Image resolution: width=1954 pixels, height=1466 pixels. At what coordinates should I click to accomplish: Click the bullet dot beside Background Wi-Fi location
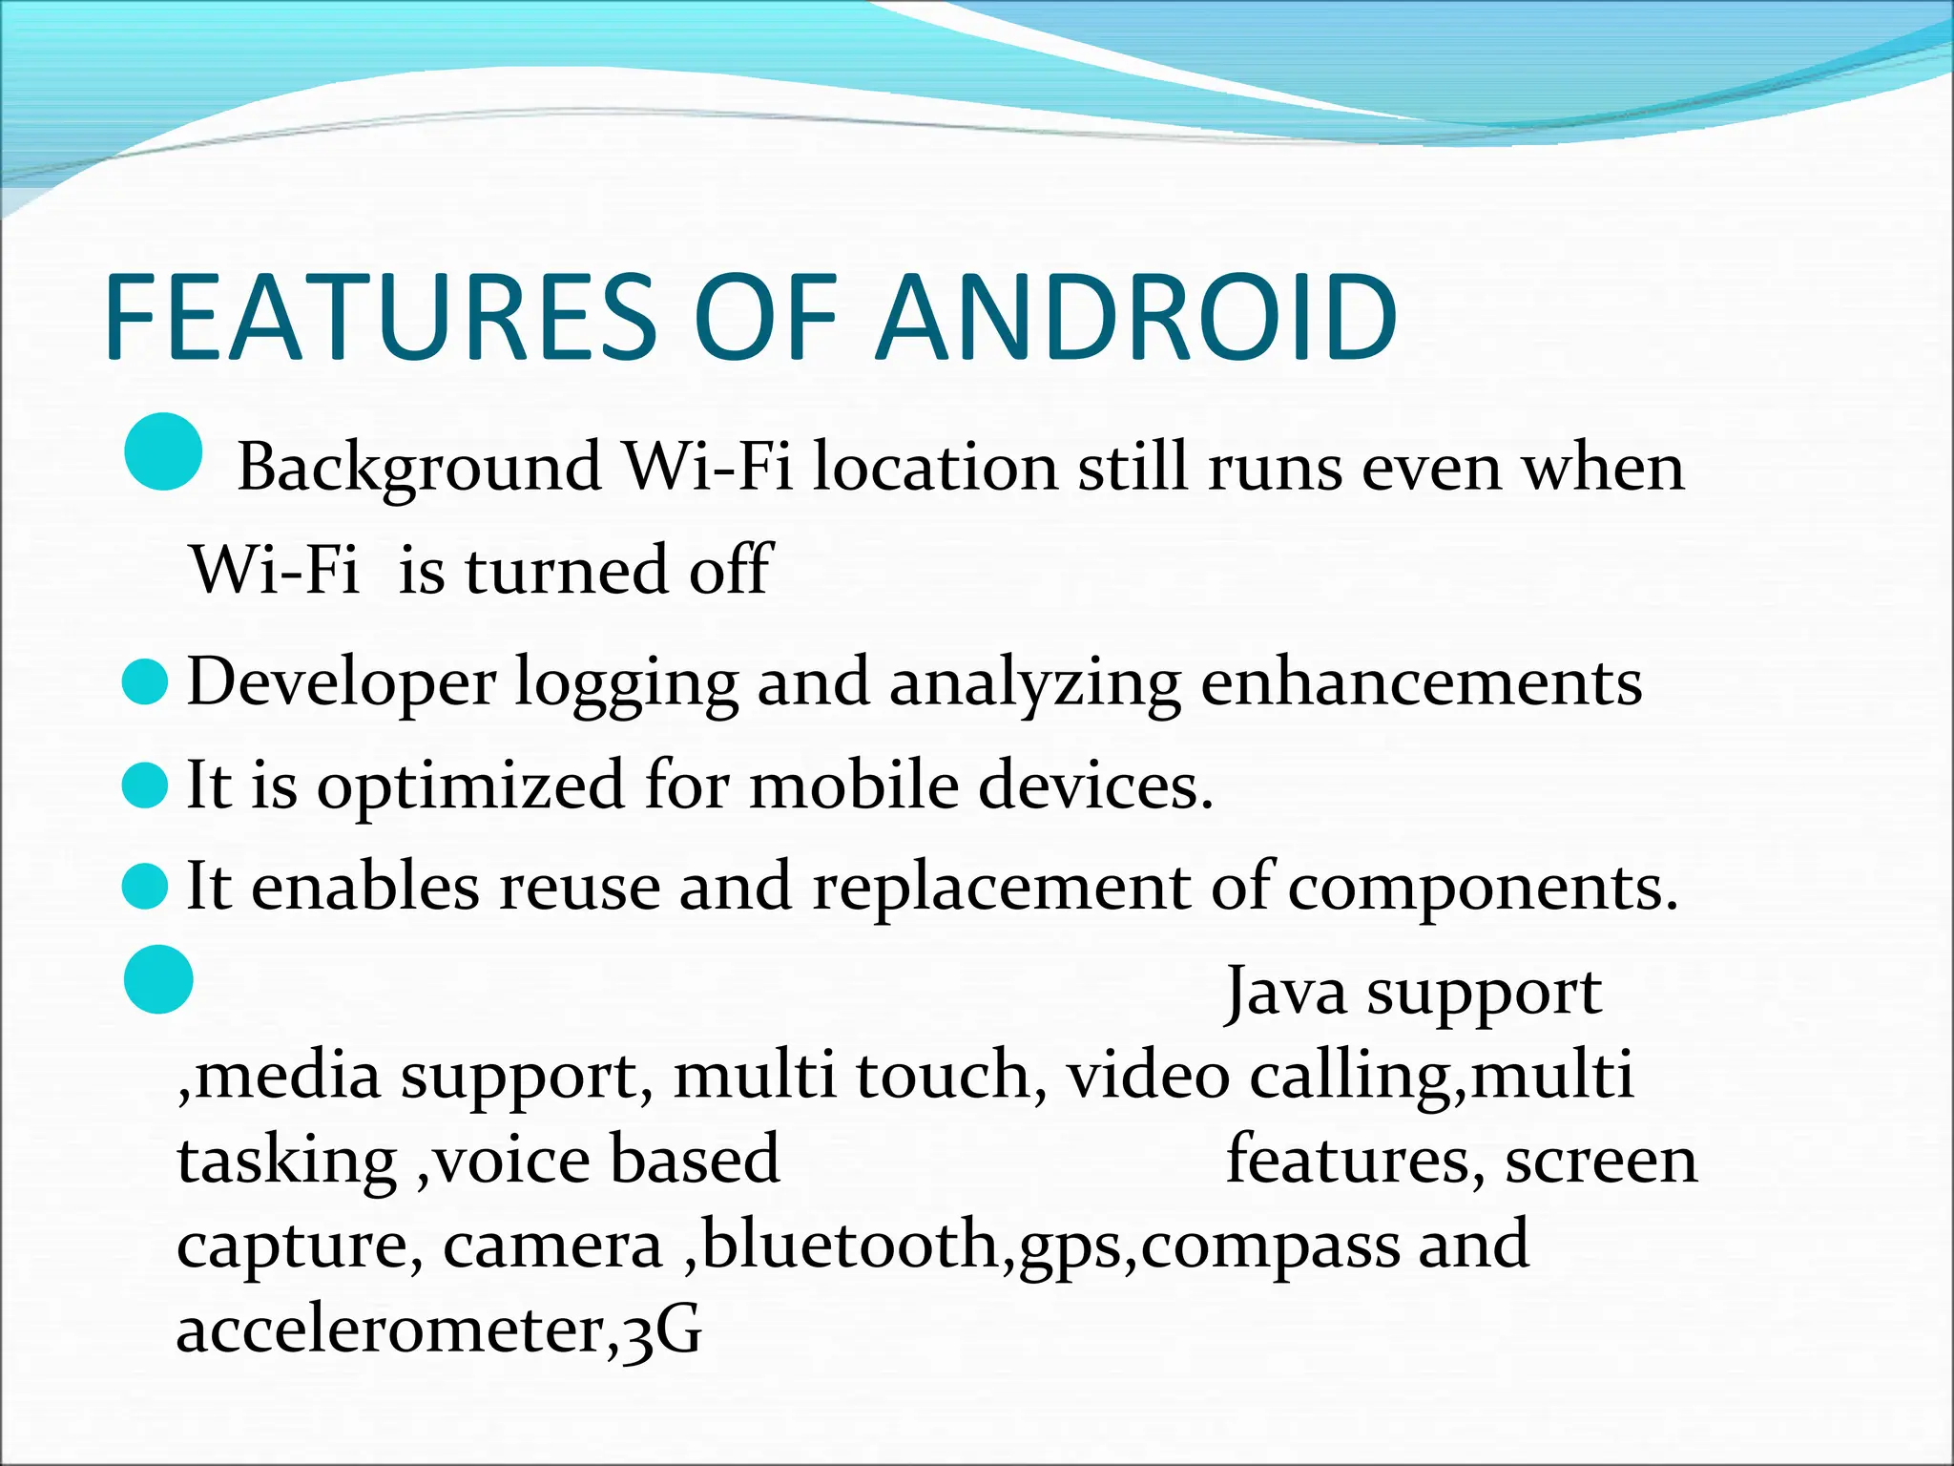coord(163,451)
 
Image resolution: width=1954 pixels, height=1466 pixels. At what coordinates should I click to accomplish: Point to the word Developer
coord(341,683)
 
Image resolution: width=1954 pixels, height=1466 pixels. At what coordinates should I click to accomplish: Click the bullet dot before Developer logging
coord(146,683)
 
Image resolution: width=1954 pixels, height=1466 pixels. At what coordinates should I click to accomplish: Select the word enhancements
coord(1421,683)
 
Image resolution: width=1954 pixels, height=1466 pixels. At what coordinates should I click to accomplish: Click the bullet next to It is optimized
coord(146,787)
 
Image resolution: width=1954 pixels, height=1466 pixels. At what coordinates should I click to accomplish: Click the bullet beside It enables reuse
coord(146,888)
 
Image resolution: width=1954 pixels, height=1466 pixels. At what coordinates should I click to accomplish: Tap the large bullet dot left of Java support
coord(159,979)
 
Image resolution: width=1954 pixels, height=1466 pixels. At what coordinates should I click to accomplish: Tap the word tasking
coord(286,1162)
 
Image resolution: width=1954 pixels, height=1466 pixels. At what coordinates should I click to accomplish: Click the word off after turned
coord(730,570)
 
